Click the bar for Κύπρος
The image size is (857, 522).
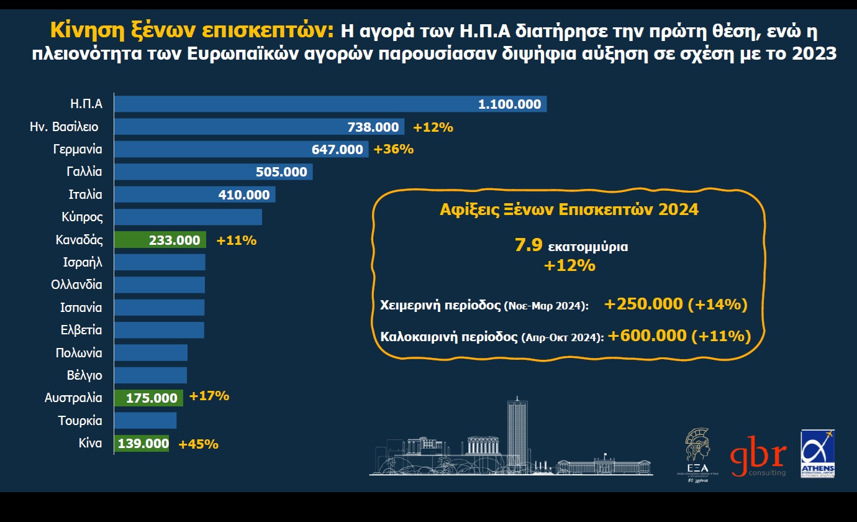click(188, 217)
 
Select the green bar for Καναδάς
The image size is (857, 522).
click(160, 240)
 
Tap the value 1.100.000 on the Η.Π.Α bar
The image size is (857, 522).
click(509, 104)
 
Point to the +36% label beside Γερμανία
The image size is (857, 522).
click(392, 150)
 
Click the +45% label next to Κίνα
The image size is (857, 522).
click(198, 444)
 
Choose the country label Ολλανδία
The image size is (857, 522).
click(77, 285)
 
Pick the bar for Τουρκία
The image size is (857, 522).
click(145, 421)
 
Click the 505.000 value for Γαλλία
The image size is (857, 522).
click(281, 172)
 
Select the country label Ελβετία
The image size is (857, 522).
click(81, 330)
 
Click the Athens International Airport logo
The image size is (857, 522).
click(817, 454)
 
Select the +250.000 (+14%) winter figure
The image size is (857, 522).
click(675, 304)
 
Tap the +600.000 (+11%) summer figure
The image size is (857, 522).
click(679, 336)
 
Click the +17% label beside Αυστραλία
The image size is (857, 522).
click(209, 396)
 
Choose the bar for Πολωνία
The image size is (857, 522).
click(151, 353)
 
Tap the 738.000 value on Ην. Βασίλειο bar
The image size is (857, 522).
click(373, 127)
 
